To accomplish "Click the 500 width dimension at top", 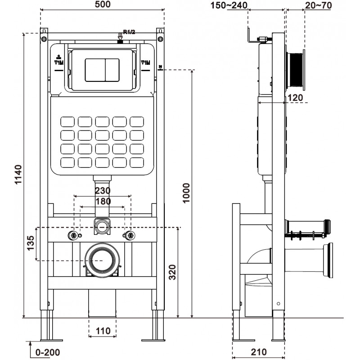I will pos(103,5).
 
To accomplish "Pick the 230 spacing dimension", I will pos(103,191).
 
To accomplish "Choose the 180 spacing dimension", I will pos(103,201).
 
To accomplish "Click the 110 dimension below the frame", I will pos(103,331).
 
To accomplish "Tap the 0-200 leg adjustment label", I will pos(47,351).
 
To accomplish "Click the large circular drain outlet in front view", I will pos(103,260).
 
